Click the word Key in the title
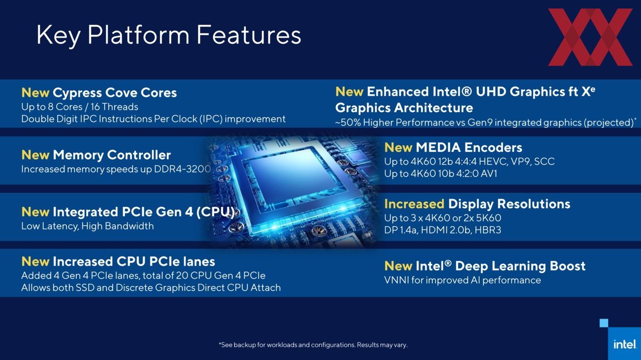click(58, 35)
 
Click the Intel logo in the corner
click(625, 344)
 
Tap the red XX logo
click(590, 37)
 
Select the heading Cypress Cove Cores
click(115, 93)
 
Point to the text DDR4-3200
click(182, 169)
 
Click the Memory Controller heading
click(112, 155)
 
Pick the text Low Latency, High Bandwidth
click(87, 226)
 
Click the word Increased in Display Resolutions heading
click(414, 204)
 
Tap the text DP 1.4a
click(401, 230)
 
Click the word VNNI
click(396, 280)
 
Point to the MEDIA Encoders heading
click(468, 147)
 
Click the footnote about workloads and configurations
click(313, 345)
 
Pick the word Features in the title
click(249, 35)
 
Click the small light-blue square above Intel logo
click(604, 323)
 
